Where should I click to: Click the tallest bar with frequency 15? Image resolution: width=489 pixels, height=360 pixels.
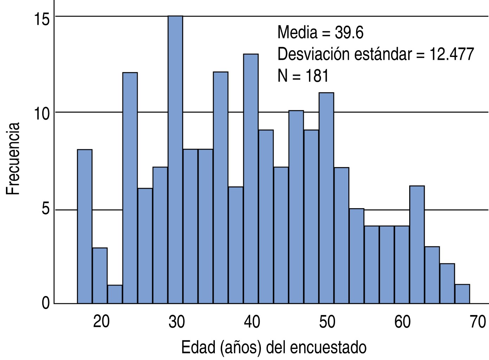pos(175,160)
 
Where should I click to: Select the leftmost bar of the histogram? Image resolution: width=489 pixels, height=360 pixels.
pos(84,226)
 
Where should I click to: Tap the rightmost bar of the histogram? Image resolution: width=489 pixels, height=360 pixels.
pos(462,294)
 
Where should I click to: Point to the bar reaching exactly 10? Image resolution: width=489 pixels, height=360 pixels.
pos(296,207)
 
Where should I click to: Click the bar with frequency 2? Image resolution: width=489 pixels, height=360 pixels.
pos(447,283)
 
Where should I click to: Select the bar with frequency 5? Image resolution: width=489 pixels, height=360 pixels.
pos(356,256)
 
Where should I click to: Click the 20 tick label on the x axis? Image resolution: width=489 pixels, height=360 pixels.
pos(101,321)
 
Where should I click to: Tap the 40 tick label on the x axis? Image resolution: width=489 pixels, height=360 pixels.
pos(252,321)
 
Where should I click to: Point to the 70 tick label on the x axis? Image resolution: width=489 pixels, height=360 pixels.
pos(478,321)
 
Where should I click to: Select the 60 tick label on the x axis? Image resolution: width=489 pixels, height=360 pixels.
pos(402,321)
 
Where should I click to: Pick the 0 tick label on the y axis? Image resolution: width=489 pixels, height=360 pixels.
pos(46,303)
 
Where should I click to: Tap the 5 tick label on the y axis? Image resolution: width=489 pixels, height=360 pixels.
pos(46,210)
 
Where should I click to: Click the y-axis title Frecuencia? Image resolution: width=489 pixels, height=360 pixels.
pos(13,159)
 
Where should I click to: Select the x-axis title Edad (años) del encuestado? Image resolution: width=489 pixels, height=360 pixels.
pos(274,347)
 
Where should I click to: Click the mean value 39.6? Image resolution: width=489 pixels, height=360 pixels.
pos(349,33)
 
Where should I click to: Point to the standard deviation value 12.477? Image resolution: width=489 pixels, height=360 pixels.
pos(451,54)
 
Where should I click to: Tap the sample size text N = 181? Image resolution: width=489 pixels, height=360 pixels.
pos(303,76)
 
